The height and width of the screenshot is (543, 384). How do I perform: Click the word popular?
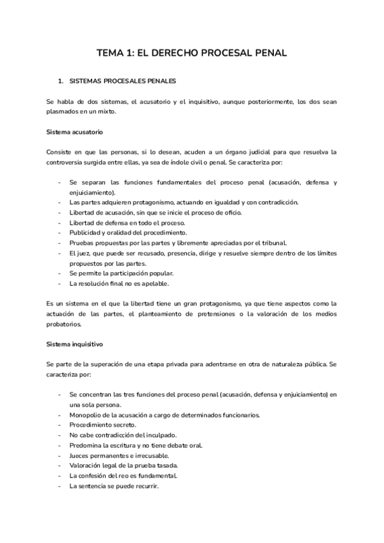click(163, 273)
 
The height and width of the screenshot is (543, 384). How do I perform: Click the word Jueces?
click(79, 456)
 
